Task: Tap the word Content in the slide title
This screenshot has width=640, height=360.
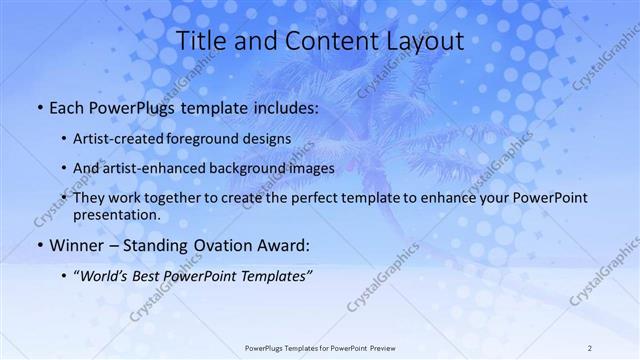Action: coord(320,41)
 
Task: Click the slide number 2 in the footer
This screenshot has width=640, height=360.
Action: coord(590,348)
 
